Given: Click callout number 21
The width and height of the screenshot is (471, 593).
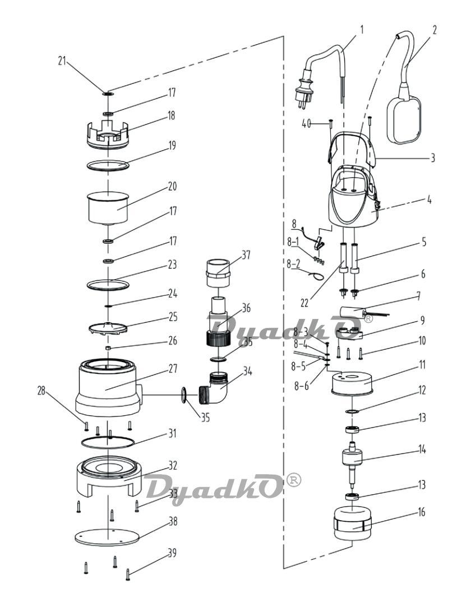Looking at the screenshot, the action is pos(62,61).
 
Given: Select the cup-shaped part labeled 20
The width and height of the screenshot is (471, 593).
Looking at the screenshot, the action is pos(108,209).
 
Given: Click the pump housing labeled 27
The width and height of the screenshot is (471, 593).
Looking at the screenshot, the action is pos(108,388).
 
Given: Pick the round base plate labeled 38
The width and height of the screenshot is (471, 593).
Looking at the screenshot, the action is pos(107,538).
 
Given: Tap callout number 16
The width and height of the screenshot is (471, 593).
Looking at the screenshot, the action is pos(421,512).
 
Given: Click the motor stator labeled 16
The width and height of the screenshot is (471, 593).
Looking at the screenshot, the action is pos(353,523).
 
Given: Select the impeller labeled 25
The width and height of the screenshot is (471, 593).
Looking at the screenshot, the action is pos(108,327).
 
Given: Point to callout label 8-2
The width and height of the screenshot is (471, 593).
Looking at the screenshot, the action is pos(293,264).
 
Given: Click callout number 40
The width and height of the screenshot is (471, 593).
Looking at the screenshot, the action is pos(307,123).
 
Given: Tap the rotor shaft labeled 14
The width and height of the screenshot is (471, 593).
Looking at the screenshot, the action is pos(352,466).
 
